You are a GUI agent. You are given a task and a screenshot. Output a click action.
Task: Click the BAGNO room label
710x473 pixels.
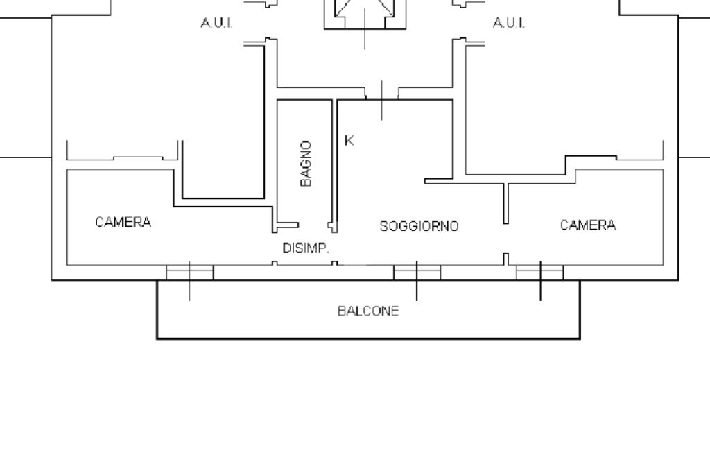pyautogui.click(x=306, y=164)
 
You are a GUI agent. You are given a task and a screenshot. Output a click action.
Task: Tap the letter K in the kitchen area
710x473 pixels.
pyautogui.click(x=349, y=141)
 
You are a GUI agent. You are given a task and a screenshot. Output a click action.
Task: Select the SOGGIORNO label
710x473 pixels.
pyautogui.click(x=419, y=226)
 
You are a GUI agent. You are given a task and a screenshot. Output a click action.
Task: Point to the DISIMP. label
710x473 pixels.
pyautogui.click(x=305, y=248)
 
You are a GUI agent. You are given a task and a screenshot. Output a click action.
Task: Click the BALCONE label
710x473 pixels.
pyautogui.click(x=368, y=311)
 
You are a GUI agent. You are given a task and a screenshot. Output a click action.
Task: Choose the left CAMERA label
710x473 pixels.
pyautogui.click(x=123, y=223)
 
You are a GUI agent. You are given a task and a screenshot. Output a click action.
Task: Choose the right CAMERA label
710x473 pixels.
pyautogui.click(x=588, y=225)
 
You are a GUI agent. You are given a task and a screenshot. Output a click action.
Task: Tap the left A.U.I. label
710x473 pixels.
pyautogui.click(x=216, y=24)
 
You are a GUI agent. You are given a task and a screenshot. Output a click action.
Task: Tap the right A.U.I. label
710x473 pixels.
pyautogui.click(x=509, y=24)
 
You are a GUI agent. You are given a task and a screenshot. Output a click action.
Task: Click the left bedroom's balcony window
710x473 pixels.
pyautogui.click(x=190, y=272)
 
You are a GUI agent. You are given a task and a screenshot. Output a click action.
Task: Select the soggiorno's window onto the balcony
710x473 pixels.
pyautogui.click(x=417, y=272)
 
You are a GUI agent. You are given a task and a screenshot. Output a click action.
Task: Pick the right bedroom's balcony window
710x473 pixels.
pyautogui.click(x=540, y=272)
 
